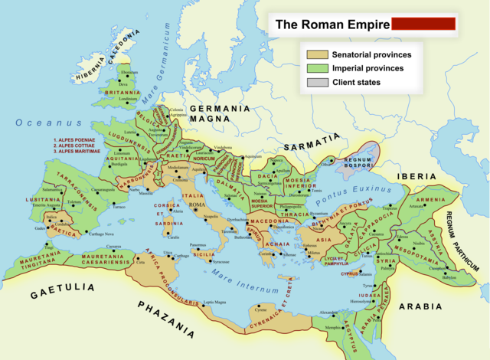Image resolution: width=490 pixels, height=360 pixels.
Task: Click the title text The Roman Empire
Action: (331, 25)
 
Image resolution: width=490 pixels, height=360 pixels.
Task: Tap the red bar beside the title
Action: (423, 24)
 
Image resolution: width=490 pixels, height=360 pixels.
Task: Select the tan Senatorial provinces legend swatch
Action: (317, 54)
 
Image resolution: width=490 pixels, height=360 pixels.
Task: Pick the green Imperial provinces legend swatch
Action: (317, 68)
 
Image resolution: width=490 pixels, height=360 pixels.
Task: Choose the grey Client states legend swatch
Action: (317, 82)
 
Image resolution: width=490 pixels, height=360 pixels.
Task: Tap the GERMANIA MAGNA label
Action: (220, 114)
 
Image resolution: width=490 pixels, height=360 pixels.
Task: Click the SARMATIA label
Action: (311, 142)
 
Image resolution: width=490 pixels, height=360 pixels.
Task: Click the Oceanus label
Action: (47, 122)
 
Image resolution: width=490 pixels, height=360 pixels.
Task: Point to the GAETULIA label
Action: (64, 290)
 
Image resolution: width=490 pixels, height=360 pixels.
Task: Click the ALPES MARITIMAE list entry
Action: (80, 153)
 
